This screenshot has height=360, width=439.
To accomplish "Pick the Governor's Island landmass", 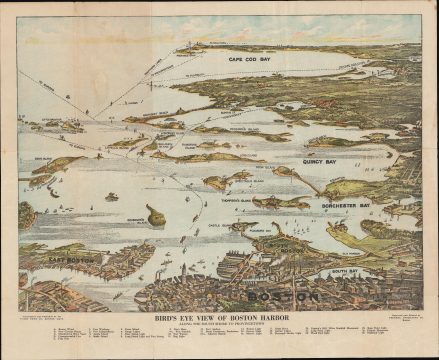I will [x=155, y=215].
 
